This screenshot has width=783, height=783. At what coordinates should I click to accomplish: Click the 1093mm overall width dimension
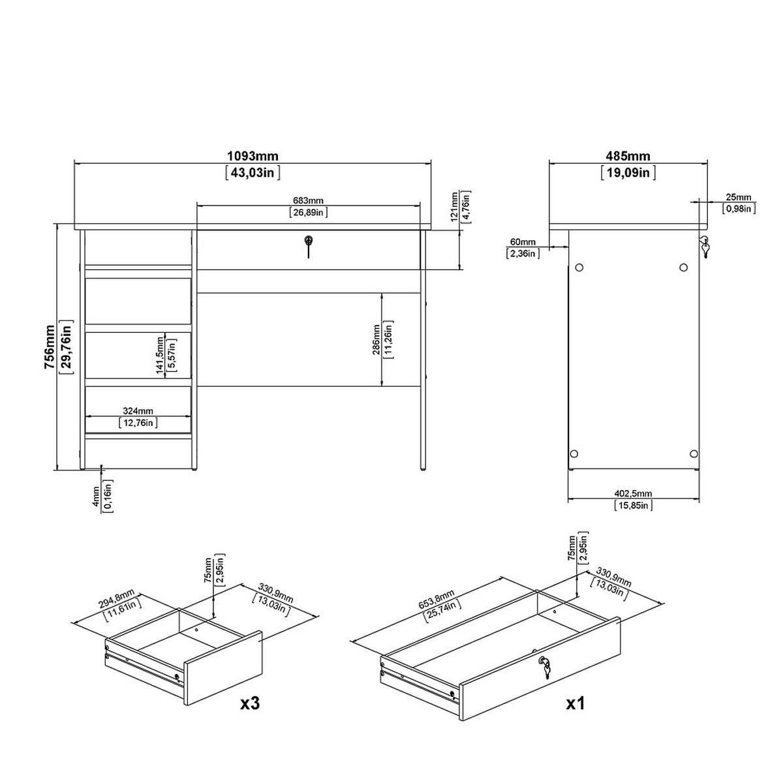click(253, 156)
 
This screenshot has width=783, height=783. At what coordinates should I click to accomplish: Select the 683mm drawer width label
click(308, 200)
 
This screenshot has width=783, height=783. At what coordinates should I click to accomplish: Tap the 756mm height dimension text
click(50, 347)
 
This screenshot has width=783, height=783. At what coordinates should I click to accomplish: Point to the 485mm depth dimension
click(628, 157)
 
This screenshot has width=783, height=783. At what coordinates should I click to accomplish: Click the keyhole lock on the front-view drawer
click(308, 243)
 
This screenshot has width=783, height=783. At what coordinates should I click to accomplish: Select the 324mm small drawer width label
click(138, 411)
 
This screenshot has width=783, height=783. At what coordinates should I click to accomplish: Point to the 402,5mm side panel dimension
click(633, 494)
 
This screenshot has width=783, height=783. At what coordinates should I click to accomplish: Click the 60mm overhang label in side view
click(523, 243)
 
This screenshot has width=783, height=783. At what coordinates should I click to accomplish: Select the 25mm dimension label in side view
click(739, 197)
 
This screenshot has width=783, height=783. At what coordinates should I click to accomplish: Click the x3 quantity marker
click(251, 703)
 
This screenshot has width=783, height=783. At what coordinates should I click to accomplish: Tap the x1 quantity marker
click(574, 703)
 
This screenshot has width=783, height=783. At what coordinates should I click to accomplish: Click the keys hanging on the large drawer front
click(544, 665)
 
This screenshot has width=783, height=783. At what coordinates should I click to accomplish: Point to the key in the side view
click(704, 247)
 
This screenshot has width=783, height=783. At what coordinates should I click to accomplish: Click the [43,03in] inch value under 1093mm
click(253, 172)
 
